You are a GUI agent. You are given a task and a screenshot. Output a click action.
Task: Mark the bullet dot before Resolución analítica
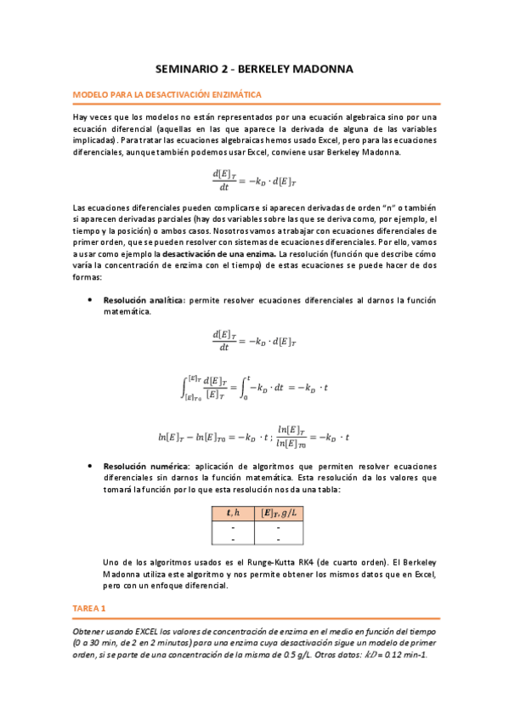tap(90, 301)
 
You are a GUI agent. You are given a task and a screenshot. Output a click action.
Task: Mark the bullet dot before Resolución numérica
tap(90, 467)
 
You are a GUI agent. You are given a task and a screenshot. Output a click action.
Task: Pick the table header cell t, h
tap(231, 513)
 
